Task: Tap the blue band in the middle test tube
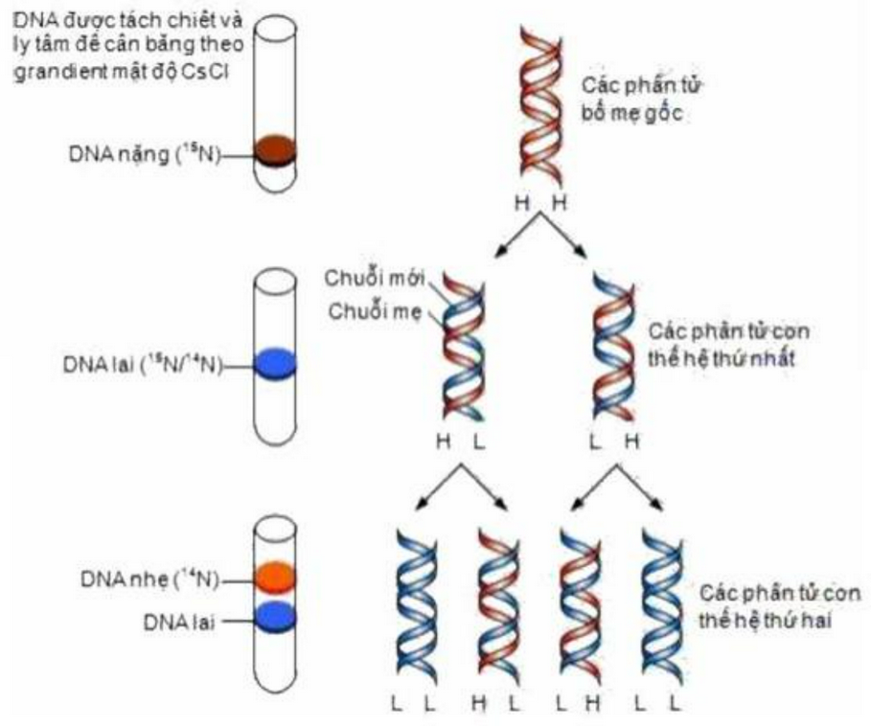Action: pyautogui.click(x=277, y=365)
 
